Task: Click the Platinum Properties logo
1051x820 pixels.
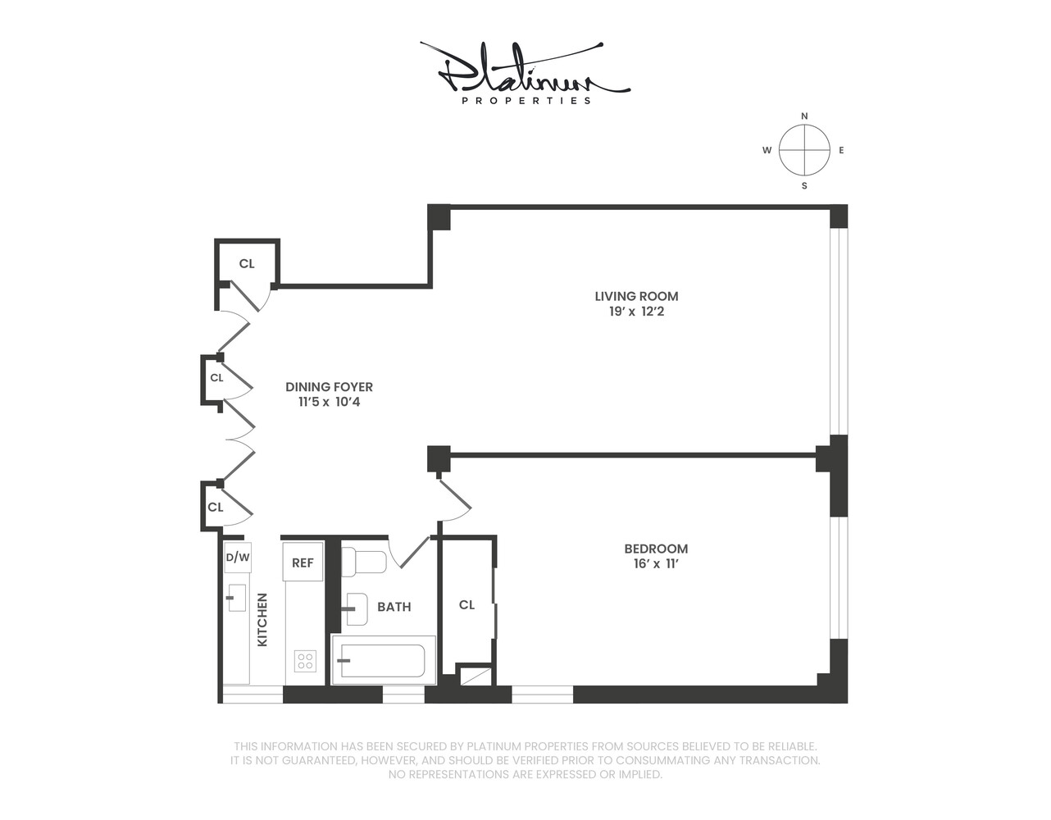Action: pos(525,74)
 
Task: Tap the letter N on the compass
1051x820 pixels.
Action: pos(804,116)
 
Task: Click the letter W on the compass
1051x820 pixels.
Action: pos(767,151)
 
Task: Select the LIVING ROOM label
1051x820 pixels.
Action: pos(636,296)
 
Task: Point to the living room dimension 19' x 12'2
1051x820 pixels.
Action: pos(636,312)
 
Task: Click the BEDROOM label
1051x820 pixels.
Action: pos(656,549)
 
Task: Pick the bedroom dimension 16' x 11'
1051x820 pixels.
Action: pos(656,564)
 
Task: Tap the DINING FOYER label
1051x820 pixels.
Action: pos(329,386)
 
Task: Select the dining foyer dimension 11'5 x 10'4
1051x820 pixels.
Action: pos(329,402)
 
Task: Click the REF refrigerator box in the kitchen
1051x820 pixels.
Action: pos(303,563)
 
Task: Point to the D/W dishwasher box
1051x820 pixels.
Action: pos(237,558)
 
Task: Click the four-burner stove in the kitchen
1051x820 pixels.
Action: pos(305,661)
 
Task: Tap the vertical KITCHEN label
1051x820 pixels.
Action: pos(262,620)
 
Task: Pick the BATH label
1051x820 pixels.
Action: pos(394,607)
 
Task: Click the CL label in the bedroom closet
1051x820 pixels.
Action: pos(466,605)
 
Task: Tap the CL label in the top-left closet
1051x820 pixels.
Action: pos(247,264)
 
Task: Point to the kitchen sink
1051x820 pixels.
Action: pos(236,597)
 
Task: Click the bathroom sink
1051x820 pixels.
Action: pos(356,608)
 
